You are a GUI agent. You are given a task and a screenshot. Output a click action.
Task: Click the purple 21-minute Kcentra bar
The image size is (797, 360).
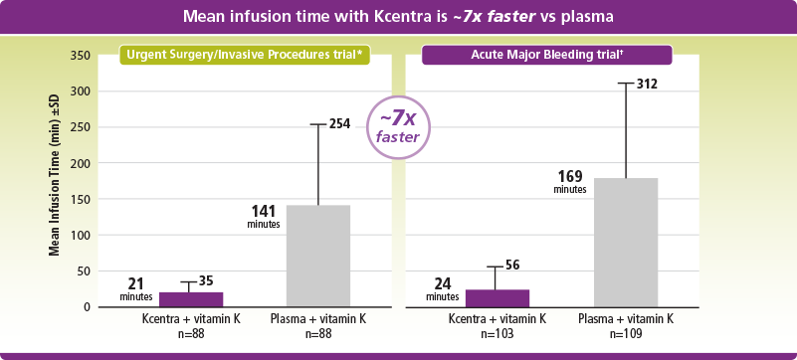pos(190,299)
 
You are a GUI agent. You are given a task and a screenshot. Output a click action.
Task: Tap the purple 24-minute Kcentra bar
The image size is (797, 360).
pos(497,298)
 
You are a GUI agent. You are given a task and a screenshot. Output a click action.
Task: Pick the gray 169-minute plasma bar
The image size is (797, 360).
pos(625,242)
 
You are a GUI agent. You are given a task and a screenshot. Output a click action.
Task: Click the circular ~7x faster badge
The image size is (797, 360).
pos(398,128)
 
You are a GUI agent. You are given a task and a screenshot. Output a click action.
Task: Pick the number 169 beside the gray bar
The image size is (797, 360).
pos(570,178)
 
